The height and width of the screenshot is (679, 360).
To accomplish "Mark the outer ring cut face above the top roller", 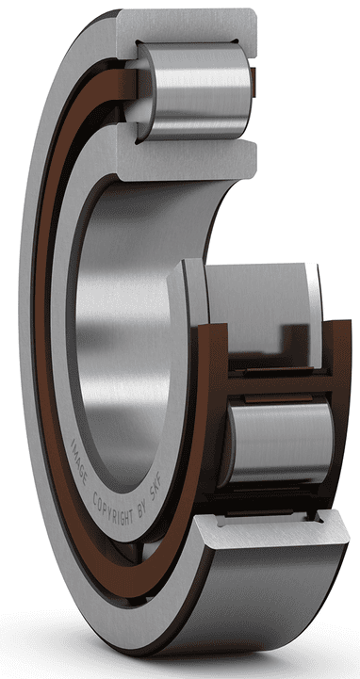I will tap(188, 24).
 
